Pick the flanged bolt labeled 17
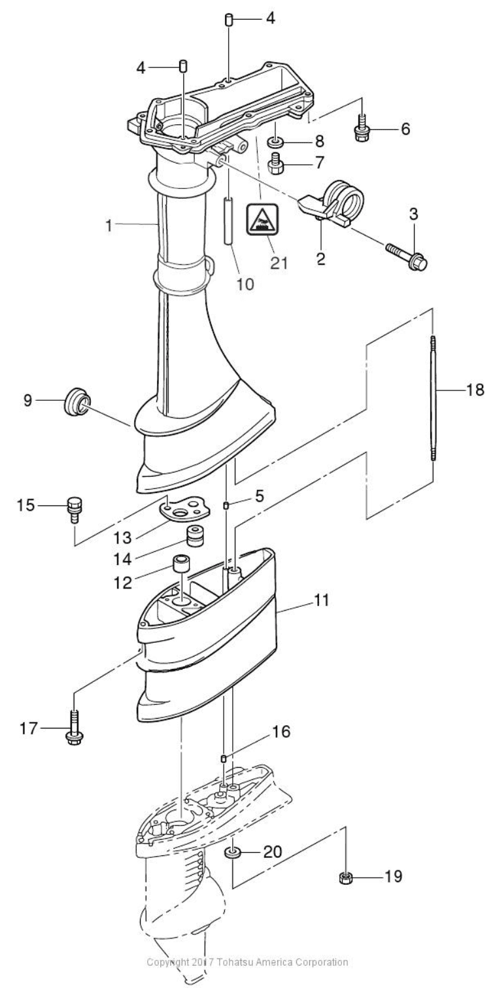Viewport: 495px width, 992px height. click(73, 728)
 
